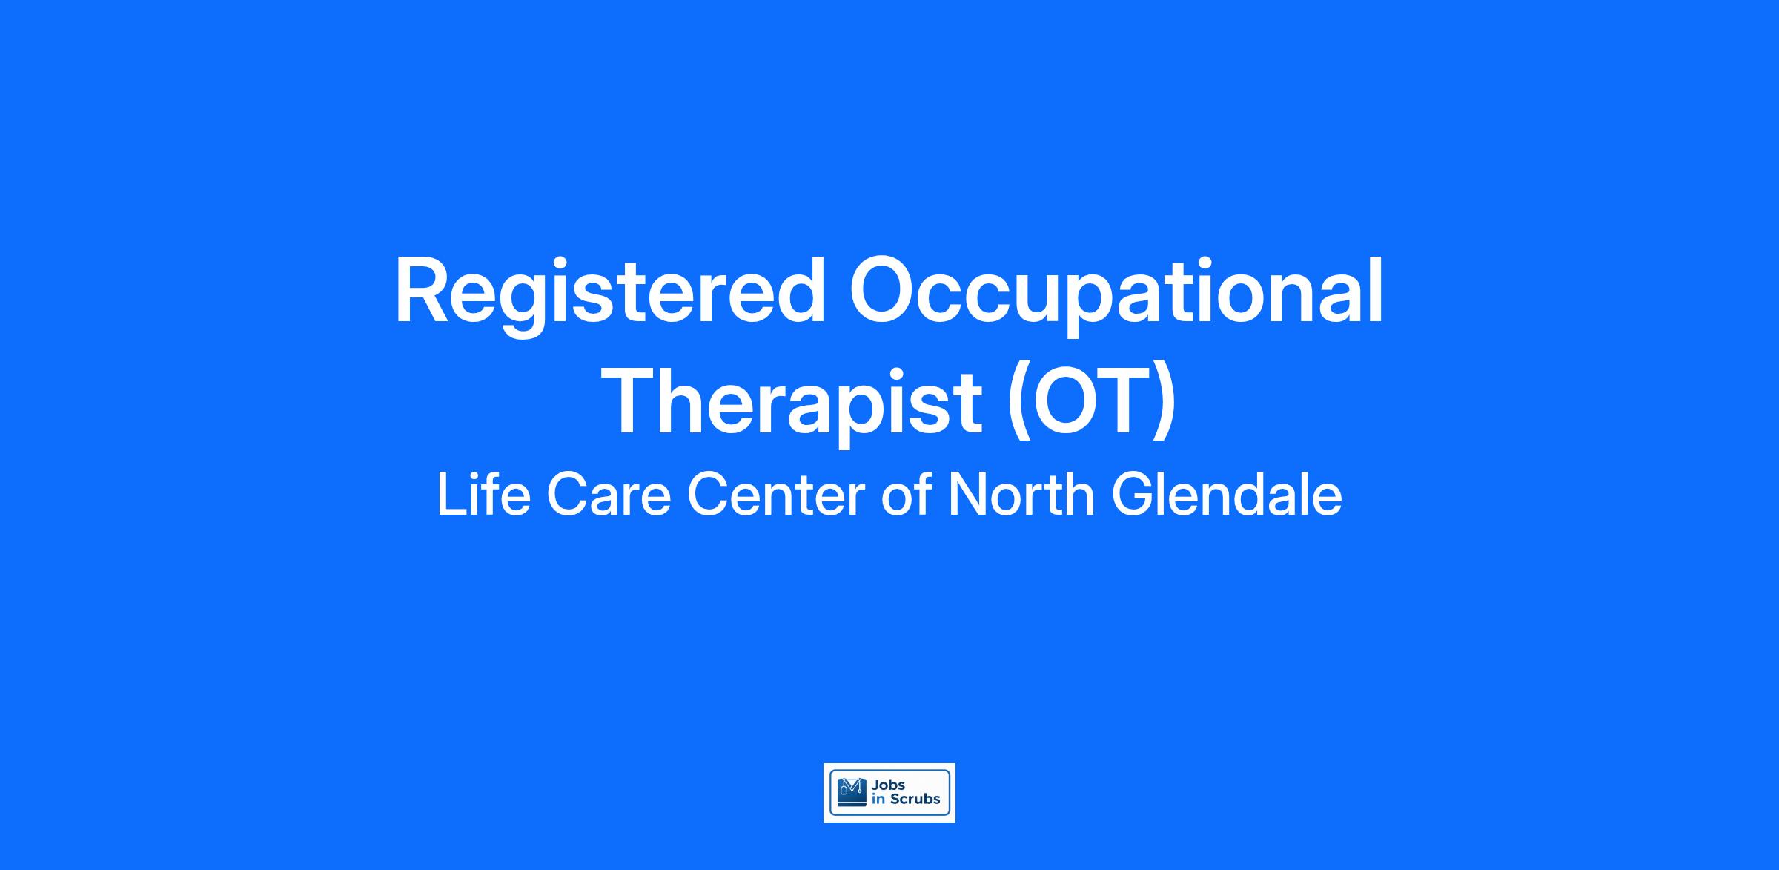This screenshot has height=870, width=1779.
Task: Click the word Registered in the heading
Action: point(611,294)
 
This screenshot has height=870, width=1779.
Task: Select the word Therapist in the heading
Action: point(795,405)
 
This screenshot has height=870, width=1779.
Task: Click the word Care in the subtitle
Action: point(609,495)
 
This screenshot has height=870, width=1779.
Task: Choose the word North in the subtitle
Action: point(1021,495)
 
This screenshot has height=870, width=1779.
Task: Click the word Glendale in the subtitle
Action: point(1226,495)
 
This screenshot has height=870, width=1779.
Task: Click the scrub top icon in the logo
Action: point(851,792)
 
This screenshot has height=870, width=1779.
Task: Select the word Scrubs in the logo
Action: point(915,800)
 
